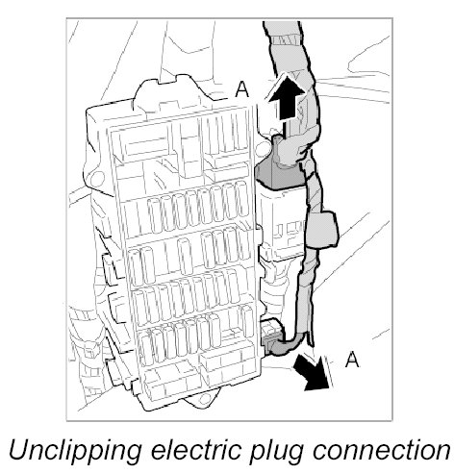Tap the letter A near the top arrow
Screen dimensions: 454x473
(x=242, y=88)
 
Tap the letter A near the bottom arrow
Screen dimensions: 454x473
(x=352, y=359)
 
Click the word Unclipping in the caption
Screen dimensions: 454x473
(x=76, y=451)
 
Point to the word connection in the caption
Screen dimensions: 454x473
(x=382, y=449)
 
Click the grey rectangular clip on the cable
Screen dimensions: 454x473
(x=321, y=229)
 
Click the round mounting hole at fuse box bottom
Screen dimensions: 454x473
(x=202, y=400)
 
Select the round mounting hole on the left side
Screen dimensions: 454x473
(x=97, y=178)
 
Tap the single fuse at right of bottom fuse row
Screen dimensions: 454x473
(x=247, y=321)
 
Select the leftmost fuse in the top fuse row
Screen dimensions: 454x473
(x=156, y=215)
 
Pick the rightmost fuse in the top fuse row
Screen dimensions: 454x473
(x=242, y=199)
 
